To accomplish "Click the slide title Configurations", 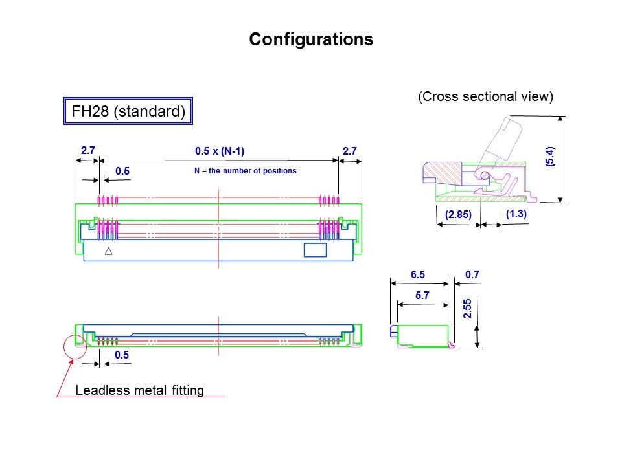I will [311, 39].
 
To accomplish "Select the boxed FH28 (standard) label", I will [129, 111].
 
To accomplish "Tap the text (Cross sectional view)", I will [485, 97].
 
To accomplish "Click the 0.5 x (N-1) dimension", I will [220, 151].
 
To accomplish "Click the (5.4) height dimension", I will [549, 157].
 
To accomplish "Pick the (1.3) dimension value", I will [515, 214].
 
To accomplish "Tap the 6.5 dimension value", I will [419, 275].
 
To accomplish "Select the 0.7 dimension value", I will [472, 275].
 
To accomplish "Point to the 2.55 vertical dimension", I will [467, 308].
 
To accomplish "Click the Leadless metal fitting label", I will [140, 390].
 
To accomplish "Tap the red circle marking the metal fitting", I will [75, 347].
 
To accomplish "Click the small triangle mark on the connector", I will [109, 250].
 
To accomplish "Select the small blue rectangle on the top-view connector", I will [316, 250].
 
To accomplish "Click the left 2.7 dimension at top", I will [87, 151].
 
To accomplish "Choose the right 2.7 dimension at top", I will [350, 151].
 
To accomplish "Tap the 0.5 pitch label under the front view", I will [122, 355].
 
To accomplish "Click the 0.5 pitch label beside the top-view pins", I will [122, 171].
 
